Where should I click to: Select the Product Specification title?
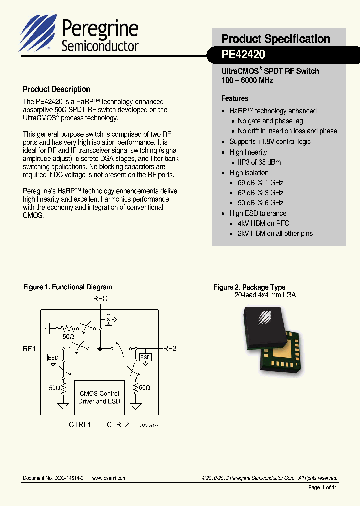[275, 39]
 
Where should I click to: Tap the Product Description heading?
[56, 89]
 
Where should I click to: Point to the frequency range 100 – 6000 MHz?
[247, 80]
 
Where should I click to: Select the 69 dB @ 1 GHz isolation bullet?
[260, 183]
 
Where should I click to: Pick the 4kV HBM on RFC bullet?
[263, 223]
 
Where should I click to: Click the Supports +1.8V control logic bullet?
[270, 142]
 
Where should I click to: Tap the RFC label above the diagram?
[100, 299]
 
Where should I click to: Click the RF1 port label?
[29, 349]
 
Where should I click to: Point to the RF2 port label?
[170, 349]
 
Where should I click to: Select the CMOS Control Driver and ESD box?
[99, 397]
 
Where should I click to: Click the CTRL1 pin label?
[79, 424]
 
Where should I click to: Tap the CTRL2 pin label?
[118, 424]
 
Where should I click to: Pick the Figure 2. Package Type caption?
[249, 287]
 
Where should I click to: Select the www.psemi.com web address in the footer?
[109, 478]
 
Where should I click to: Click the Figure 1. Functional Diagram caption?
[68, 287]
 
